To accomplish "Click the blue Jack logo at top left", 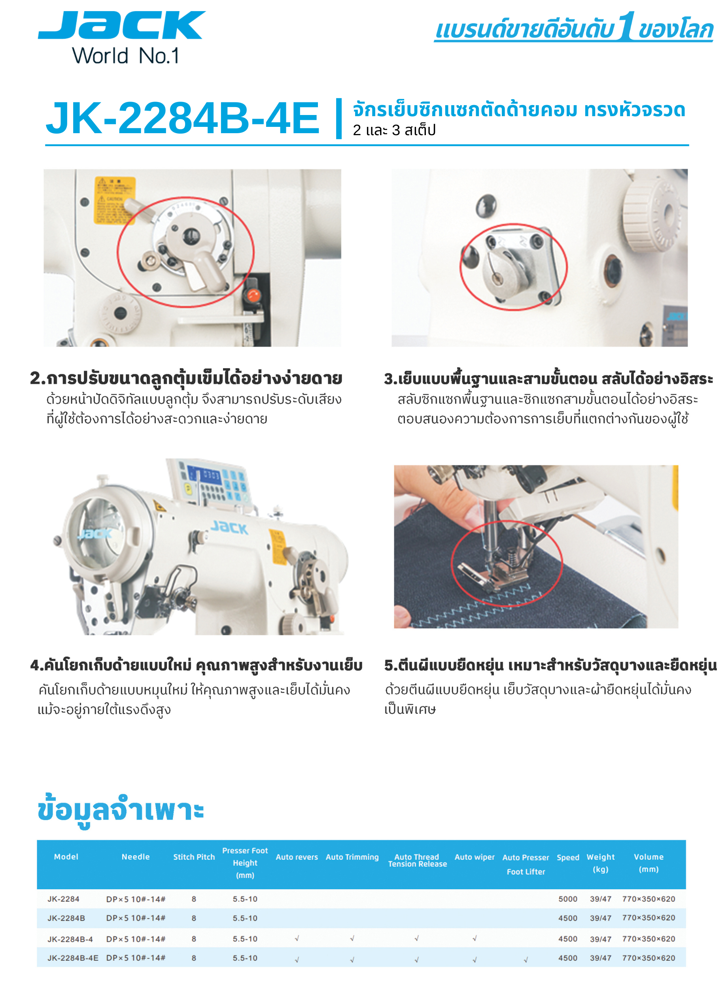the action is click(122, 26).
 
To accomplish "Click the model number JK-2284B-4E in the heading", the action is click(182, 117).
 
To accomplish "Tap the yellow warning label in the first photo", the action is click(115, 200).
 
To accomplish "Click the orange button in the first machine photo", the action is click(253, 294).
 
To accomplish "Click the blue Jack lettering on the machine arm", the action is click(229, 527).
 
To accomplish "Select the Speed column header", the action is click(567, 857).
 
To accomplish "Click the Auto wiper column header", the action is click(475, 857).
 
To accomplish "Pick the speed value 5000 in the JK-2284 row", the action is click(567, 899).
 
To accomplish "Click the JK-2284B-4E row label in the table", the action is click(73, 958).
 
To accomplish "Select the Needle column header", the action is click(136, 857).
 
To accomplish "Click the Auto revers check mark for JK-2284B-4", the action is click(297, 939).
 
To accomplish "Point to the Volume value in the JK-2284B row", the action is click(648, 918).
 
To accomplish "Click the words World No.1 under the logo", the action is click(126, 56).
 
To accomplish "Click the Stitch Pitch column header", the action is click(194, 857).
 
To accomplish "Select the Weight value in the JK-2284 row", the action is click(601, 899).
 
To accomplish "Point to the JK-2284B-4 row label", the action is click(70, 939).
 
